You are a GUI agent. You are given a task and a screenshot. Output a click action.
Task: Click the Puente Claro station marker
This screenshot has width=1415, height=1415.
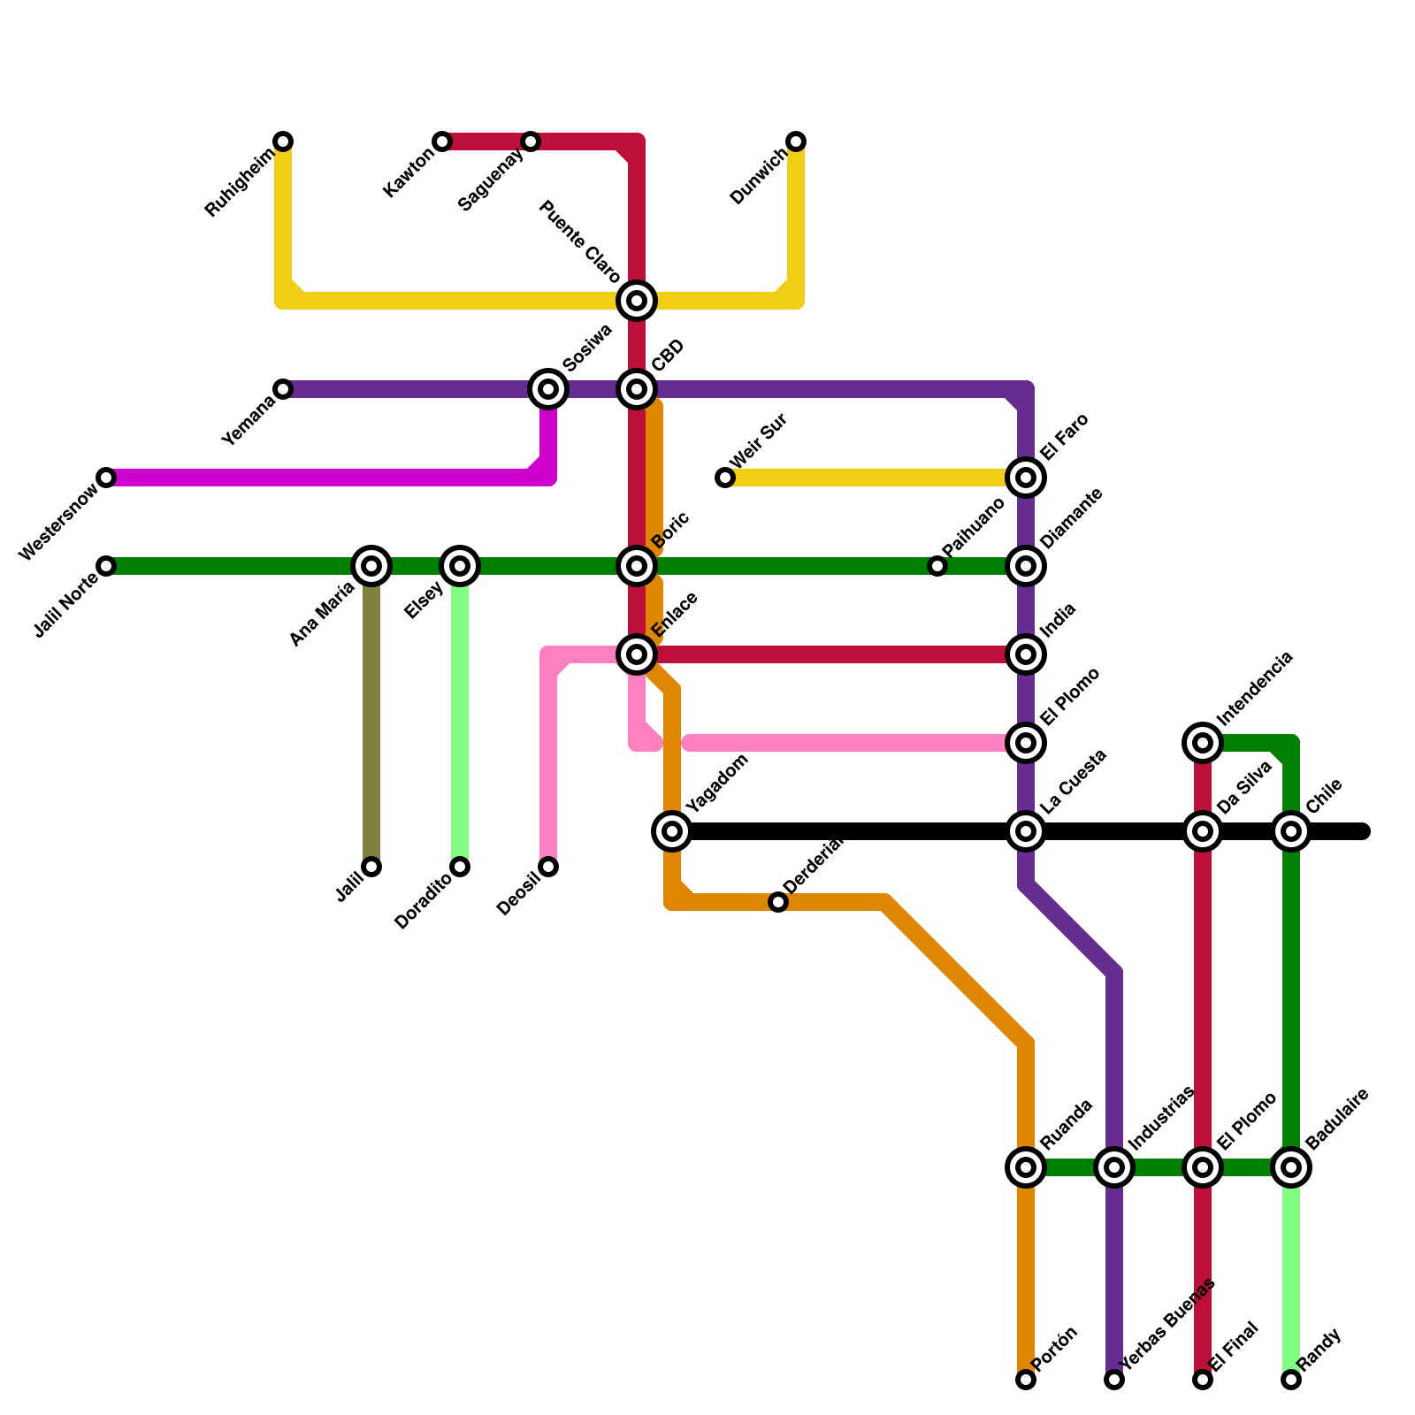[637, 301]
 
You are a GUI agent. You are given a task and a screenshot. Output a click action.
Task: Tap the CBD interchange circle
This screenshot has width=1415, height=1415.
[637, 389]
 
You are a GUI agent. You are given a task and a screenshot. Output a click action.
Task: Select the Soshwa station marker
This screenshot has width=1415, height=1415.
[548, 389]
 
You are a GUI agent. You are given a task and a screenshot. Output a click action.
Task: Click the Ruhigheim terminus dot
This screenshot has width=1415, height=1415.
[283, 141]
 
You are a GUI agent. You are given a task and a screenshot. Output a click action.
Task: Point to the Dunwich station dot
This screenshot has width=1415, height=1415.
[796, 141]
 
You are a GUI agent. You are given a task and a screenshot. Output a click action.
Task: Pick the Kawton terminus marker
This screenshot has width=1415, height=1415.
[442, 141]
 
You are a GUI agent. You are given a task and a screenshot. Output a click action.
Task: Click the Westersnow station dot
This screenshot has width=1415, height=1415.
[106, 478]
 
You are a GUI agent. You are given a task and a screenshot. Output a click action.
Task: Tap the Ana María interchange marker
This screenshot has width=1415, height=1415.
[371, 566]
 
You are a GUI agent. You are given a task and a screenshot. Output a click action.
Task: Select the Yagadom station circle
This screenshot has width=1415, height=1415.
[672, 831]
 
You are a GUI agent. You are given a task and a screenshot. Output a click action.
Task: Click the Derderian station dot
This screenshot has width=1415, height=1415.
[778, 902]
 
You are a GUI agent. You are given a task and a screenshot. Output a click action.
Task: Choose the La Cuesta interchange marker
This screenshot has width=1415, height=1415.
[1026, 831]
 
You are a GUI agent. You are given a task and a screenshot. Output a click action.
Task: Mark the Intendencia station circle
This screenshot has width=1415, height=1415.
[1203, 743]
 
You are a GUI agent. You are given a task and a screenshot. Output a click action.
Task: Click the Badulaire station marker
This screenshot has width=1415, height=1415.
[1291, 1167]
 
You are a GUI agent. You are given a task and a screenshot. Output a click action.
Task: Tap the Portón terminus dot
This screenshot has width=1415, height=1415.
[1026, 1380]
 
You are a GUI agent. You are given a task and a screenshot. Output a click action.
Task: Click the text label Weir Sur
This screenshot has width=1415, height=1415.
[759, 442]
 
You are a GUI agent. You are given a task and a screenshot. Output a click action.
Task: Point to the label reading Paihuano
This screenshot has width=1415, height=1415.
[973, 529]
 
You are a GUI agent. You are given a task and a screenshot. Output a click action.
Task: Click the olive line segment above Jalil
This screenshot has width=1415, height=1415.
[371, 725]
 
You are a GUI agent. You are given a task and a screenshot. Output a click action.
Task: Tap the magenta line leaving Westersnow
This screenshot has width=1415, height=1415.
[318, 478]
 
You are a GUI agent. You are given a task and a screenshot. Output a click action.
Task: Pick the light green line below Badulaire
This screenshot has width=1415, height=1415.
[1291, 1273]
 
